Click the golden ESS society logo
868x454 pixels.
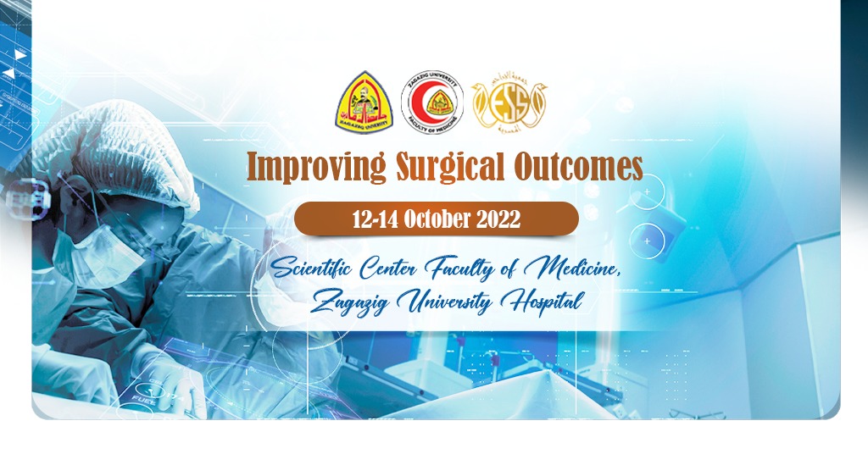pos(509,103)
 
